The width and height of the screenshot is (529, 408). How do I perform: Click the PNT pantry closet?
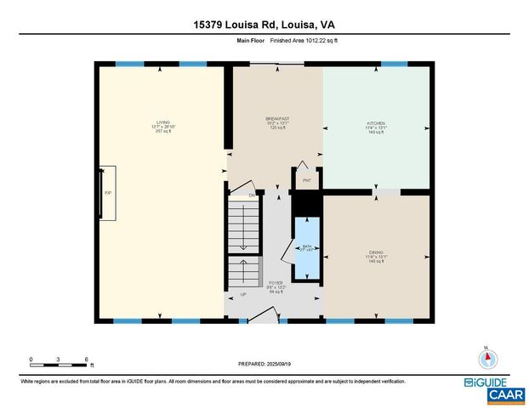[x=306, y=180]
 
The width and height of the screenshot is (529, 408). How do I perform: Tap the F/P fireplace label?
[x=108, y=193]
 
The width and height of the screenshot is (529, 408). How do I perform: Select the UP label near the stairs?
[x=243, y=295]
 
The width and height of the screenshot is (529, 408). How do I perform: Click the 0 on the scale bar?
[x=31, y=359]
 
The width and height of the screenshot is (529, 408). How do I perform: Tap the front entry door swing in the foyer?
[x=267, y=315]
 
